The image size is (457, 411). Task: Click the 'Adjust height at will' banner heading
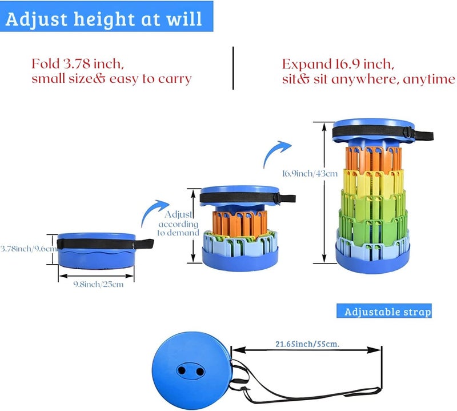point(104,19)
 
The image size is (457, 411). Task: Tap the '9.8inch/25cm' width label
point(98,285)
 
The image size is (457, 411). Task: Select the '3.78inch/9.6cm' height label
point(29,249)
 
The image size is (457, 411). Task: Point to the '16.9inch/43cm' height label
point(310,174)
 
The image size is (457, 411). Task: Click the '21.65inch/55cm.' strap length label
point(307,344)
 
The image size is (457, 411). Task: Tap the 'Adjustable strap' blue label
point(387,312)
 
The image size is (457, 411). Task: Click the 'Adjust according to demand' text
point(178,224)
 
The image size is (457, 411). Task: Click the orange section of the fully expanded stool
point(374,159)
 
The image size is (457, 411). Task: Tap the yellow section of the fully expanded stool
point(374,181)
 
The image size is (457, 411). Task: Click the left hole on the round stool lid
point(182,371)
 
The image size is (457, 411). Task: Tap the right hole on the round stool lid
point(200,372)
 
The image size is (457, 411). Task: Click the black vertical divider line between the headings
point(233,67)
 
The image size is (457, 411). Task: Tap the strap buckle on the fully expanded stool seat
point(408,133)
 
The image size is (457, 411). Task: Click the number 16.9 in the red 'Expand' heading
point(347,64)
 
